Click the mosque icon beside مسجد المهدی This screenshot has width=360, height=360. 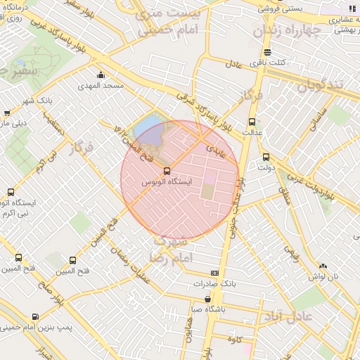pyautogui.click(x=101, y=75)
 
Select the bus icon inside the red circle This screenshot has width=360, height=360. pyautogui.click(x=166, y=171)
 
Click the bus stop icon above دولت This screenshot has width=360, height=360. pyautogui.click(x=265, y=157)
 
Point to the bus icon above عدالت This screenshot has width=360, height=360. pyautogui.click(x=252, y=122)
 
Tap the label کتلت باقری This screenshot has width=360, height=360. pyautogui.click(x=267, y=63)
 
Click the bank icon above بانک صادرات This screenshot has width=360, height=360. pyautogui.click(x=214, y=274)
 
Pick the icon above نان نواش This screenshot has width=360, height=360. pyautogui.click(x=323, y=266)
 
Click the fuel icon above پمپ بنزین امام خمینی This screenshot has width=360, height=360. pyautogui.click(x=36, y=316)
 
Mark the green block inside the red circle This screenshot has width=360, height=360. pyautogui.click(x=208, y=190)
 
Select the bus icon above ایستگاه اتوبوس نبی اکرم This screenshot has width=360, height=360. pyautogui.click(x=10, y=192)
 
